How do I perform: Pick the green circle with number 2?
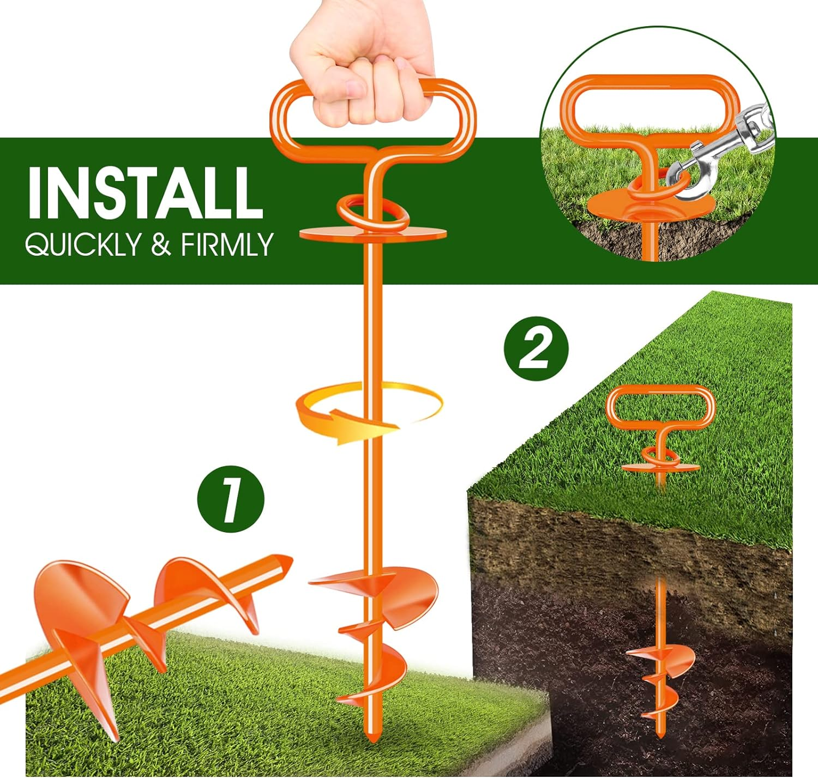pyautogui.click(x=536, y=349)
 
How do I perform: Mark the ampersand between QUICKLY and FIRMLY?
pyautogui.click(x=161, y=244)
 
